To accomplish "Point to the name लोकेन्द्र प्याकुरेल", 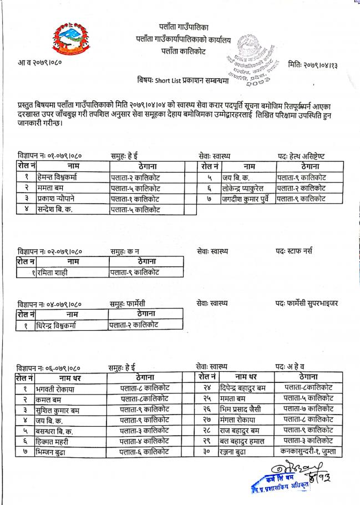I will pyautogui.click(x=249, y=188).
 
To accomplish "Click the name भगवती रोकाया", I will pyautogui.click(x=55, y=389).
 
